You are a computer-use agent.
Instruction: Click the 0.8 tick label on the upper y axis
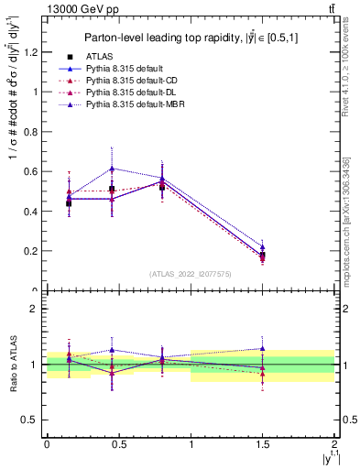coord(32,132)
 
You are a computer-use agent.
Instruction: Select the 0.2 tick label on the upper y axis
coord(32,251)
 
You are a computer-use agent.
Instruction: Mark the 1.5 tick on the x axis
coord(263,446)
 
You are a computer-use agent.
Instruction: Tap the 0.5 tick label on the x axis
coord(119,446)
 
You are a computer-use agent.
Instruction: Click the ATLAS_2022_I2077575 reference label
coord(190,274)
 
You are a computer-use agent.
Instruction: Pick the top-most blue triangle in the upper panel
coord(112,169)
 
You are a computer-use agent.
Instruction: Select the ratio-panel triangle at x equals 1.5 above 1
coord(263,348)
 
